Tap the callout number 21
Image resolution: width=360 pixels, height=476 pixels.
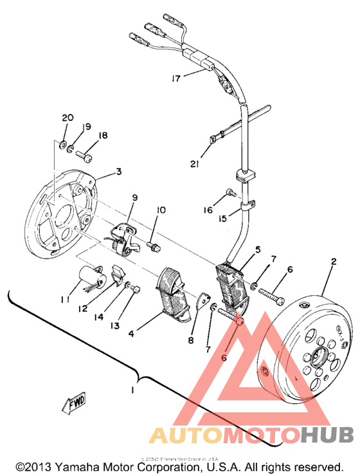(x=195, y=164)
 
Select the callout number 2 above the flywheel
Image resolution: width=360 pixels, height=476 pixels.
(x=334, y=262)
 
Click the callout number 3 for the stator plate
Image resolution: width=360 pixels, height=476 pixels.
(x=119, y=172)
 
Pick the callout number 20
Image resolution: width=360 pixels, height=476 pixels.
(x=67, y=118)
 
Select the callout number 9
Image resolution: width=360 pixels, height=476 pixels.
(x=134, y=197)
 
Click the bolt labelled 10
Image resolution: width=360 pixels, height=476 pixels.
(x=154, y=245)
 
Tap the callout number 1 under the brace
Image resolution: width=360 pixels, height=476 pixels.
(x=133, y=390)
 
